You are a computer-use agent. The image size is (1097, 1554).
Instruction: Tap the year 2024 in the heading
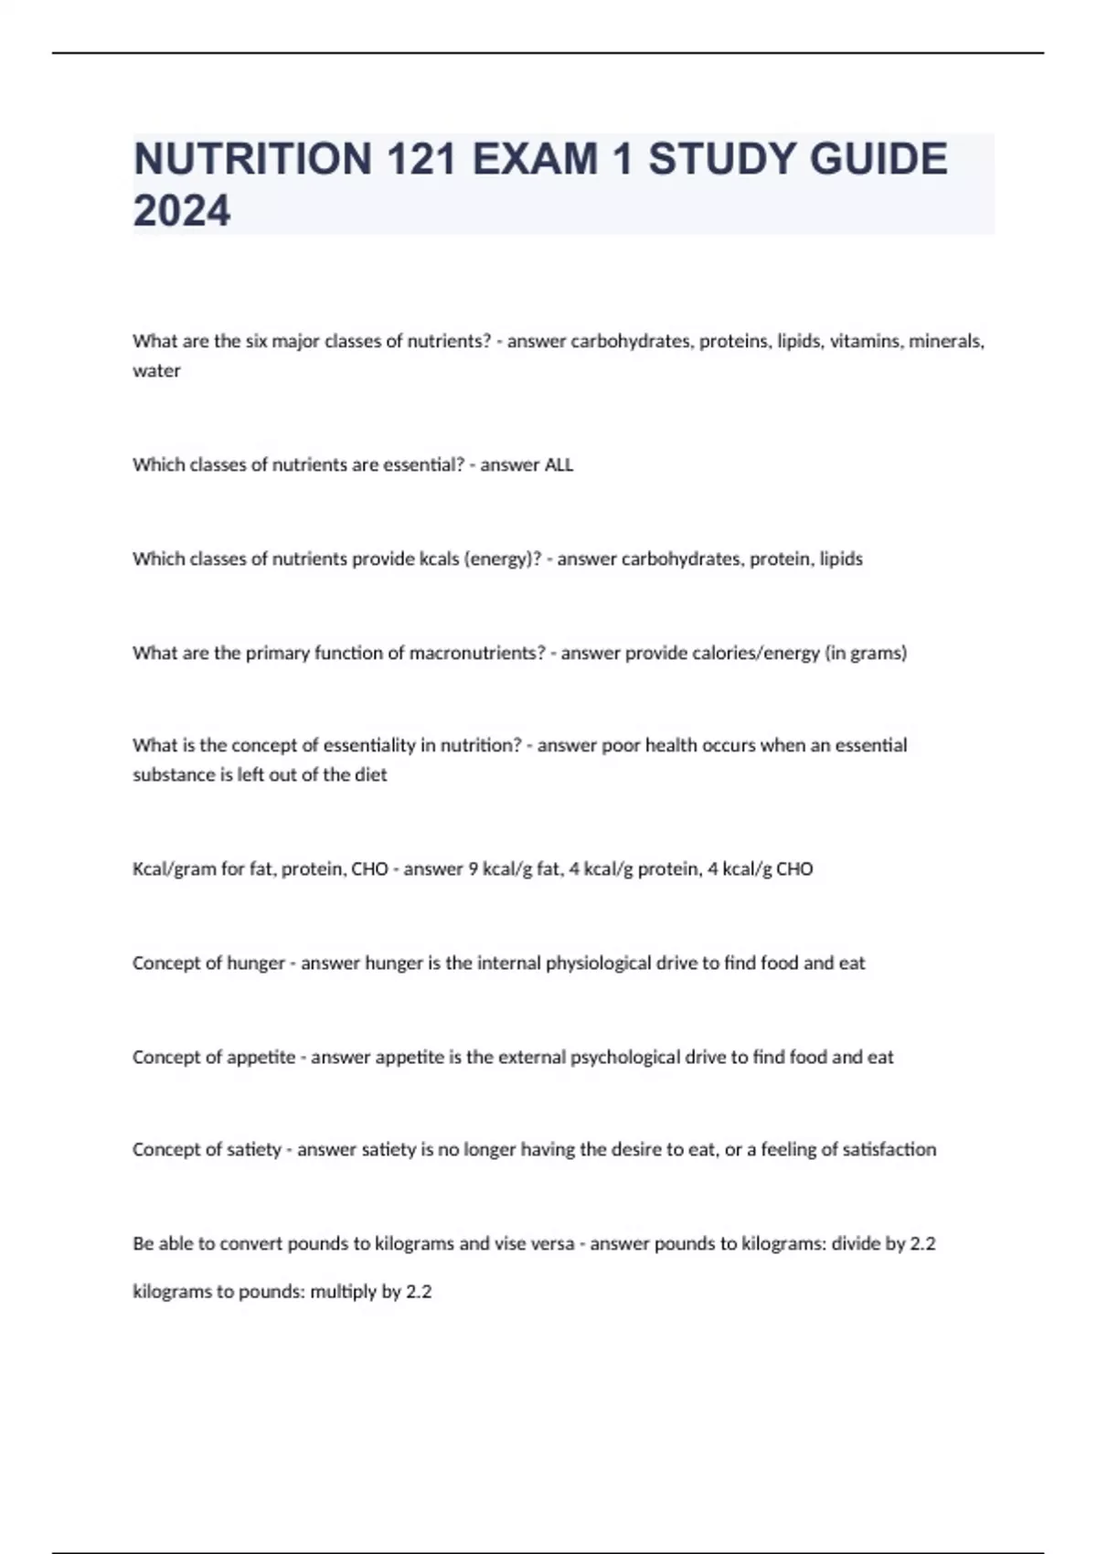point(182,211)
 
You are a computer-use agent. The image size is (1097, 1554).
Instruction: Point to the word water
point(156,371)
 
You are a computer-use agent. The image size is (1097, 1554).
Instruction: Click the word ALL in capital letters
point(559,465)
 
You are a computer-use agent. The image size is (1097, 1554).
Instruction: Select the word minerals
point(946,342)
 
